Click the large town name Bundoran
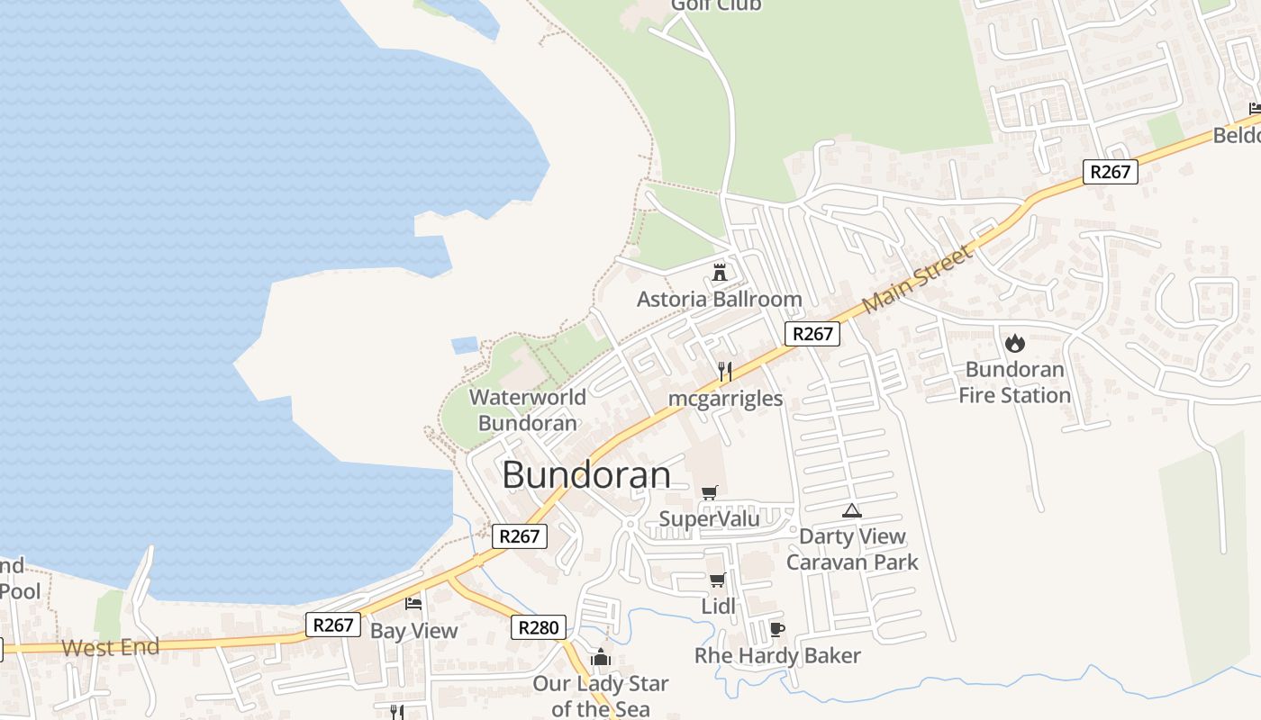(x=586, y=475)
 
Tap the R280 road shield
(x=539, y=627)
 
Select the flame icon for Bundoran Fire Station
(x=1015, y=343)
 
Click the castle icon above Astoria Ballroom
(x=720, y=272)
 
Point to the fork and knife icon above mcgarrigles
(x=724, y=371)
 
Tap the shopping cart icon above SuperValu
(x=710, y=492)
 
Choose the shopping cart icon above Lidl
(x=718, y=580)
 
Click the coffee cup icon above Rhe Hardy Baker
(x=777, y=629)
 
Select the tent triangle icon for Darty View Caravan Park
(x=851, y=510)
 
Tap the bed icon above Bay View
(x=413, y=603)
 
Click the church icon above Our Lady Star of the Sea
(x=601, y=657)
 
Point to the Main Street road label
(x=918, y=280)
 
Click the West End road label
(x=111, y=647)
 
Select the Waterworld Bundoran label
(x=528, y=409)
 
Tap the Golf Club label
(x=716, y=5)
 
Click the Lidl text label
(x=719, y=607)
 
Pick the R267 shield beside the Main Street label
(x=812, y=334)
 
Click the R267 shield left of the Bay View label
(x=333, y=625)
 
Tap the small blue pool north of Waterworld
(x=465, y=345)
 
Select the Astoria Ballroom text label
(x=719, y=299)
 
